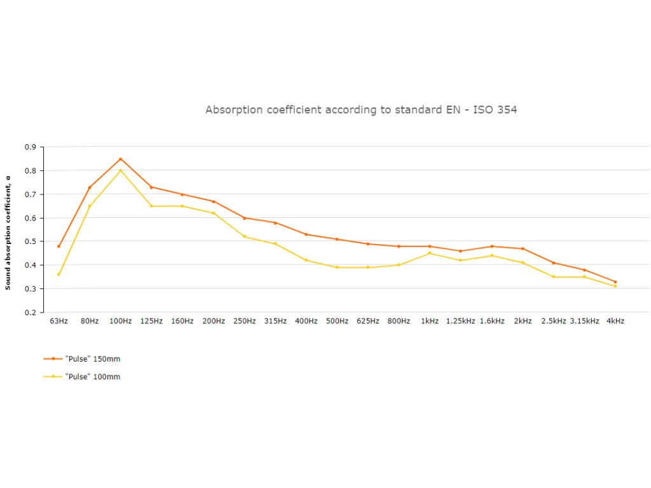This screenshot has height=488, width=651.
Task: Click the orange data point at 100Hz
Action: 120,159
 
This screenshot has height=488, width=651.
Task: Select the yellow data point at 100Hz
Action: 120,170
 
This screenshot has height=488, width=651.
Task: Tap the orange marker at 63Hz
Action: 58,246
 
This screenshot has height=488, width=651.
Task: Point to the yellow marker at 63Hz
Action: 58,274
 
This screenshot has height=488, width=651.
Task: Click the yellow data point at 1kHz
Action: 430,253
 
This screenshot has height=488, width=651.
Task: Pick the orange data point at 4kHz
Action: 615,281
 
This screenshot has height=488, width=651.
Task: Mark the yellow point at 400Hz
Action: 306,260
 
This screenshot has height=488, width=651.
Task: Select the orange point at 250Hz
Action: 244,218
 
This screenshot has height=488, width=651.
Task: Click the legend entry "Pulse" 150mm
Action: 92,359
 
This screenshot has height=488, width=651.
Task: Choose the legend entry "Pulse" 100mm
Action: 92,377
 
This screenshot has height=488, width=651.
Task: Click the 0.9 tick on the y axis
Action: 30,147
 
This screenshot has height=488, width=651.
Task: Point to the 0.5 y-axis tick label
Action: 30,241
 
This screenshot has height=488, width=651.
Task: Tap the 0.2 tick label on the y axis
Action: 30,313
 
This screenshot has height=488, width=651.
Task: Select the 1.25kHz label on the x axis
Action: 461,322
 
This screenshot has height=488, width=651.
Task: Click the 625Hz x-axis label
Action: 368,322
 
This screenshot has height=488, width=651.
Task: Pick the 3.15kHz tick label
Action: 585,322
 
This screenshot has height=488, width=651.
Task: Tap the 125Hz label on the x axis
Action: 151,322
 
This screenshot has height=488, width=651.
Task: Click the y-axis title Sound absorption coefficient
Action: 8,233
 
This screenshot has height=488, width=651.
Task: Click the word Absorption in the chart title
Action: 231,110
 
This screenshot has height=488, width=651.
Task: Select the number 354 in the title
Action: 507,110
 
